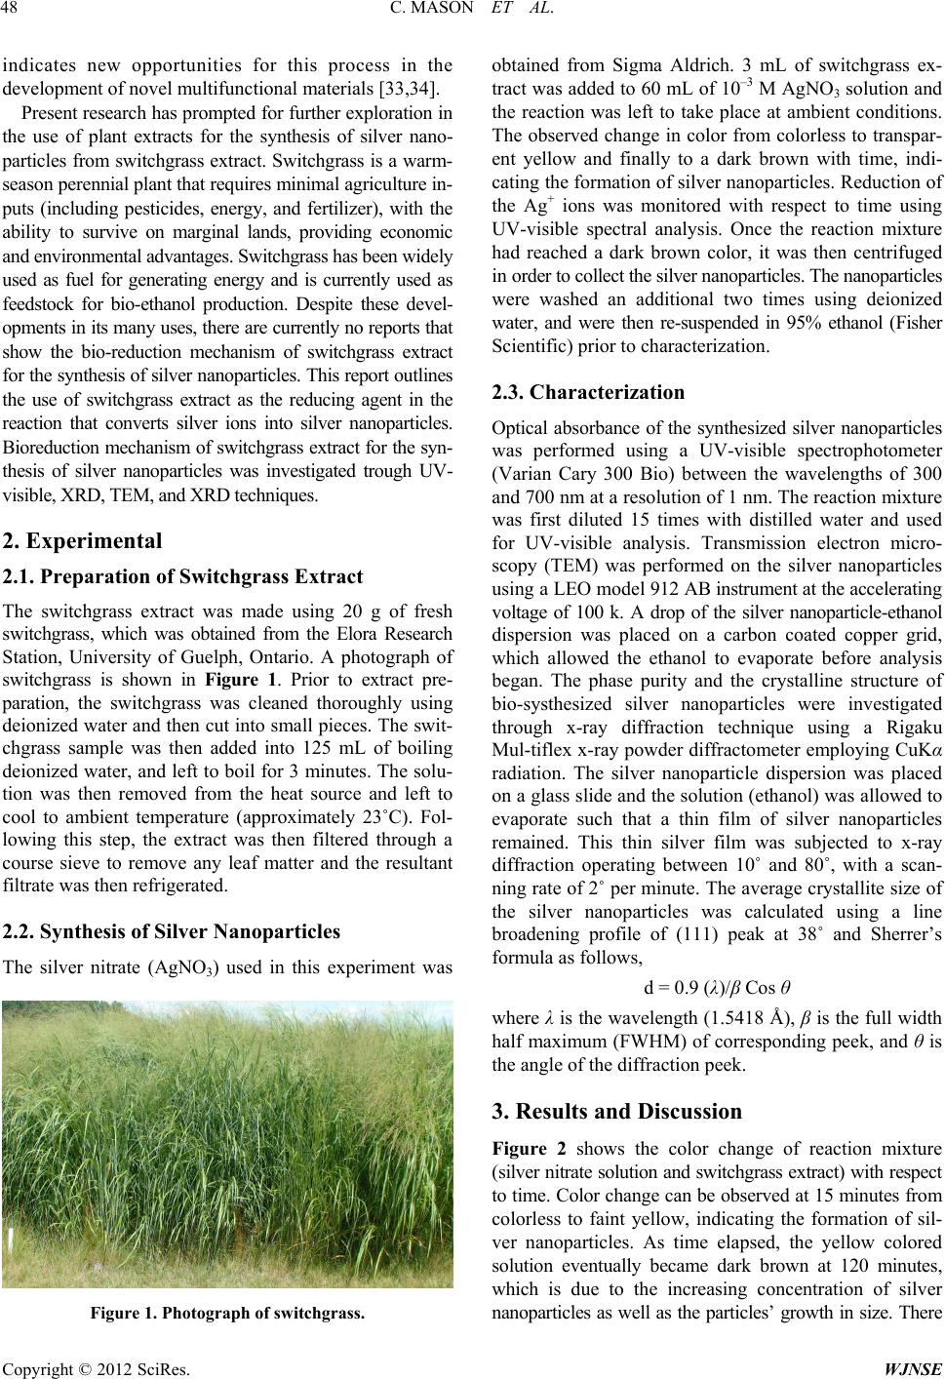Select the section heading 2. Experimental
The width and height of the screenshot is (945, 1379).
click(x=82, y=539)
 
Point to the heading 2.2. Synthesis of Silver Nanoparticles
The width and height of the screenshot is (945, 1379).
click(x=171, y=931)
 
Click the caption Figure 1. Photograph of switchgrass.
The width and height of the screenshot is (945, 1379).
click(x=225, y=1313)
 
